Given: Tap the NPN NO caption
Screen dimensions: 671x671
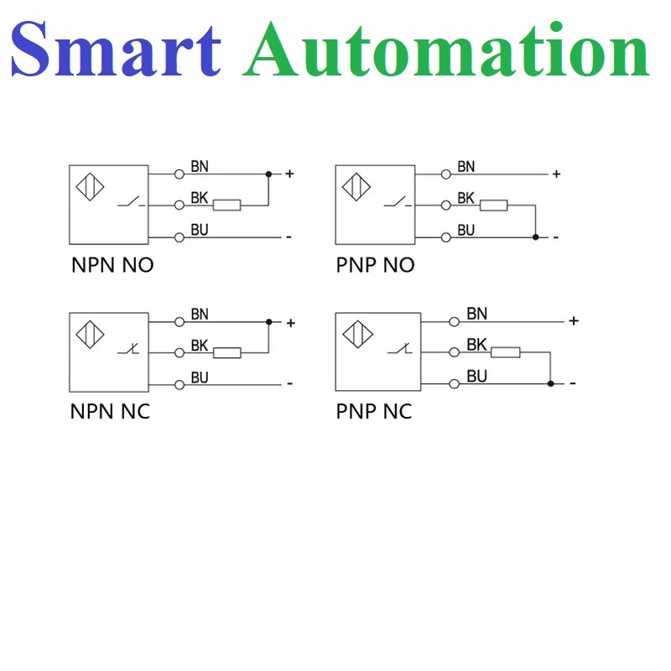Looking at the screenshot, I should click(x=112, y=266).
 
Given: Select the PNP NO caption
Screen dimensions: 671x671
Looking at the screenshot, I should click(x=375, y=266).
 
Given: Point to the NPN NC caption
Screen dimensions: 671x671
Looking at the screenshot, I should click(x=110, y=412).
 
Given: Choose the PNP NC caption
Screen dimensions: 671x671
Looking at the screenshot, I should click(x=374, y=412).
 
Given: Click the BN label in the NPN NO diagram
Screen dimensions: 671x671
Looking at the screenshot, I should click(x=200, y=167).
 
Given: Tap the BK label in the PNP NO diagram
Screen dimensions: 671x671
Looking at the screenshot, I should click(x=466, y=199).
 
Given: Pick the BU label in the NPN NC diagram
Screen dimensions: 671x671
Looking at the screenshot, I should click(x=200, y=377).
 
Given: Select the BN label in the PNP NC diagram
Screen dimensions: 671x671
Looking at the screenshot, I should click(x=476, y=314).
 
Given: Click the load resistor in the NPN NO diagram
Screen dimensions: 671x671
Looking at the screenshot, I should click(x=226, y=205).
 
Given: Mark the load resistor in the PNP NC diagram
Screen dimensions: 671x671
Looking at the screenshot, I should click(x=505, y=352).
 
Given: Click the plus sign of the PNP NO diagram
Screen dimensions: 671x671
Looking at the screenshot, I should click(x=555, y=174).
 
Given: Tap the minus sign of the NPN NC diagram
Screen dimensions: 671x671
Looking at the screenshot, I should click(x=289, y=384).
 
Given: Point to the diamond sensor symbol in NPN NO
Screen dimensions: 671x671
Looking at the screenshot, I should click(x=91, y=185).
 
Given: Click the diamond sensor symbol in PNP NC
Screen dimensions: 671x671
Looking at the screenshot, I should click(x=356, y=334).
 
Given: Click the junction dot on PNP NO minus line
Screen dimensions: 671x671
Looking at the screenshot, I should click(x=535, y=237).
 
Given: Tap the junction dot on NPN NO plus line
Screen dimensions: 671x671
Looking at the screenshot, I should click(x=268, y=174).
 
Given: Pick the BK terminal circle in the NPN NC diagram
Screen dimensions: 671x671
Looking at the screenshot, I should click(x=179, y=353).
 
